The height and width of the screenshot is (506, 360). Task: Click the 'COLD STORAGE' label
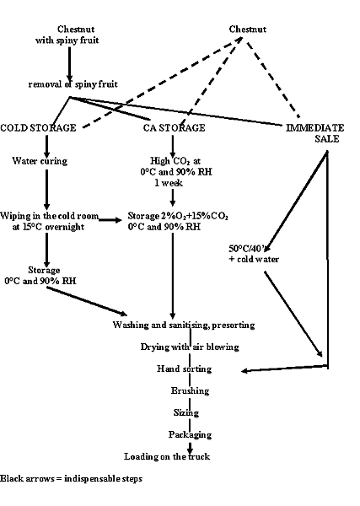(x=39, y=127)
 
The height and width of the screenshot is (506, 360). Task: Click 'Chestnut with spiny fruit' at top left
(x=68, y=35)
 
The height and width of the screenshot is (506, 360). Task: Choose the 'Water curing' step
(x=40, y=159)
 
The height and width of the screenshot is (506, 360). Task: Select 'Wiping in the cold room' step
(x=48, y=219)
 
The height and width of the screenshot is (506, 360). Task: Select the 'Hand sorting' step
(x=184, y=369)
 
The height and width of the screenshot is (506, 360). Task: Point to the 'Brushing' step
(x=184, y=391)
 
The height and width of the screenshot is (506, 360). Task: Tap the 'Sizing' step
(x=184, y=413)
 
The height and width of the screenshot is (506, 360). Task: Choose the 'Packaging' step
(x=184, y=435)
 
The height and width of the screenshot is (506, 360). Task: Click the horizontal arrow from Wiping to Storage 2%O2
(x=110, y=218)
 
